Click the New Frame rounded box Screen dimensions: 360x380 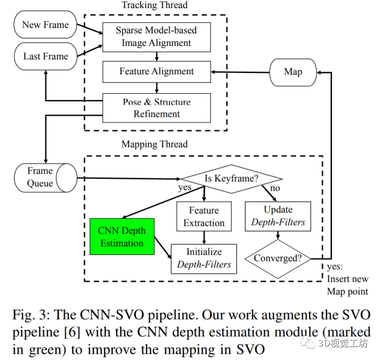[x=45, y=25]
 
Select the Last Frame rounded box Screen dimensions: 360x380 [x=45, y=56]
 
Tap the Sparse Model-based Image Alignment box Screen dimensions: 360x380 [x=156, y=36]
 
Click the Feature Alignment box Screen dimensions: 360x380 [x=156, y=72]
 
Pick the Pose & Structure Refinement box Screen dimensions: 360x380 [x=156, y=108]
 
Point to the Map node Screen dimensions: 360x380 [x=293, y=72]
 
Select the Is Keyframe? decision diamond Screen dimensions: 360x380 [x=232, y=179]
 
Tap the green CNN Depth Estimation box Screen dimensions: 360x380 [x=122, y=237]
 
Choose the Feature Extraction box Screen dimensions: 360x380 [x=204, y=216]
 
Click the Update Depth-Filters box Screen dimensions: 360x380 [x=278, y=216]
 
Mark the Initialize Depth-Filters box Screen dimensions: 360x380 [x=204, y=258]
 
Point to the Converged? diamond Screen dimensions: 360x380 [x=277, y=258]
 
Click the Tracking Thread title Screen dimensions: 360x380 [x=154, y=5]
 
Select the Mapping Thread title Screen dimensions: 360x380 [x=154, y=144]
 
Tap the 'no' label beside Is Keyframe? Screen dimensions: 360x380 [x=275, y=188]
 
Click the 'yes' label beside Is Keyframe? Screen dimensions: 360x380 [x=184, y=187]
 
